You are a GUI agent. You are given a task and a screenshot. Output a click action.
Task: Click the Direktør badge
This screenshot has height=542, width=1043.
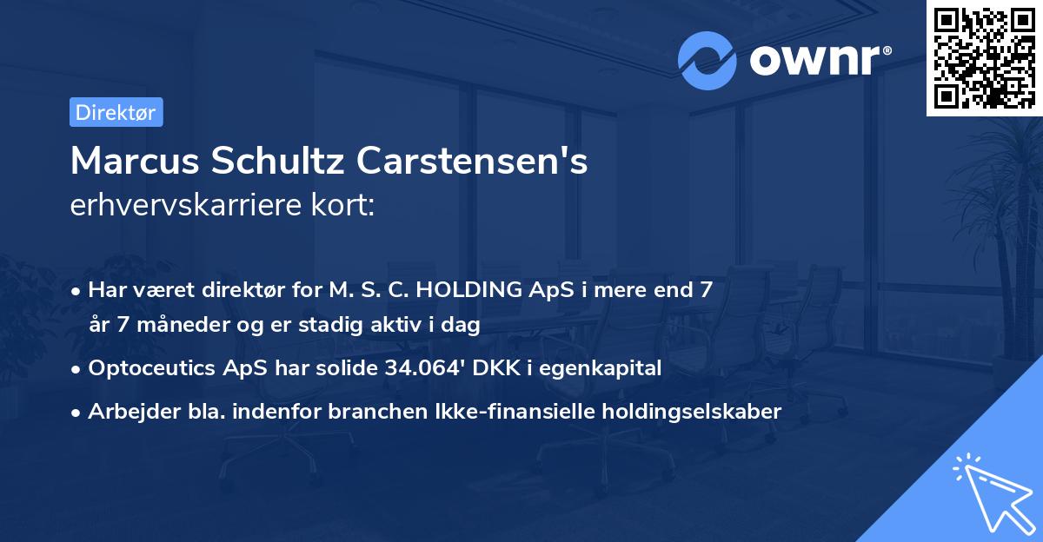pos(116,113)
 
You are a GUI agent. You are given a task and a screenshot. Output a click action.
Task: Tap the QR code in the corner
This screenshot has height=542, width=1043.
pos(984,57)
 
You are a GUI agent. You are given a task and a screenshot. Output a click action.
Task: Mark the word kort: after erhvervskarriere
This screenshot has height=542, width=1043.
pos(344,206)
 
